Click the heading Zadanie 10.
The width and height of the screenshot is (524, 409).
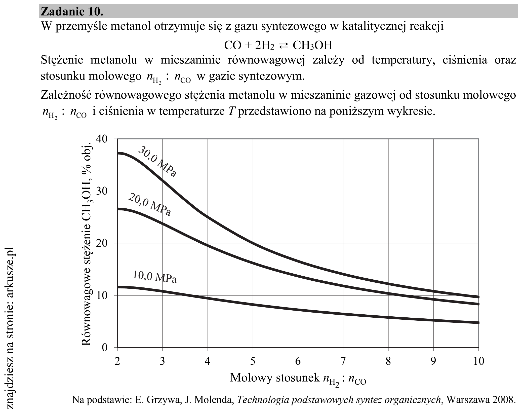click(72, 12)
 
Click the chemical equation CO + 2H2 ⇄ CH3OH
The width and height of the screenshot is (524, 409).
click(278, 45)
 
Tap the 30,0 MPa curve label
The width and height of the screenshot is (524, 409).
click(157, 162)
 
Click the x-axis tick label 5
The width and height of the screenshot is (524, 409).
click(253, 361)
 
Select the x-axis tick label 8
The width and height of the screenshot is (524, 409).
click(388, 361)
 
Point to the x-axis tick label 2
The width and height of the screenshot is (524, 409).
click(117, 361)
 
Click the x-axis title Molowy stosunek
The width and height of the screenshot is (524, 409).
click(275, 378)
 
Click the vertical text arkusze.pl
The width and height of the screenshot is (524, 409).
click(10, 274)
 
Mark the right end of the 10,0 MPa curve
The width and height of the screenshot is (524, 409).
click(478, 322)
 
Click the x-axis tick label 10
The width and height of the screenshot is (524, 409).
click(478, 361)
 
